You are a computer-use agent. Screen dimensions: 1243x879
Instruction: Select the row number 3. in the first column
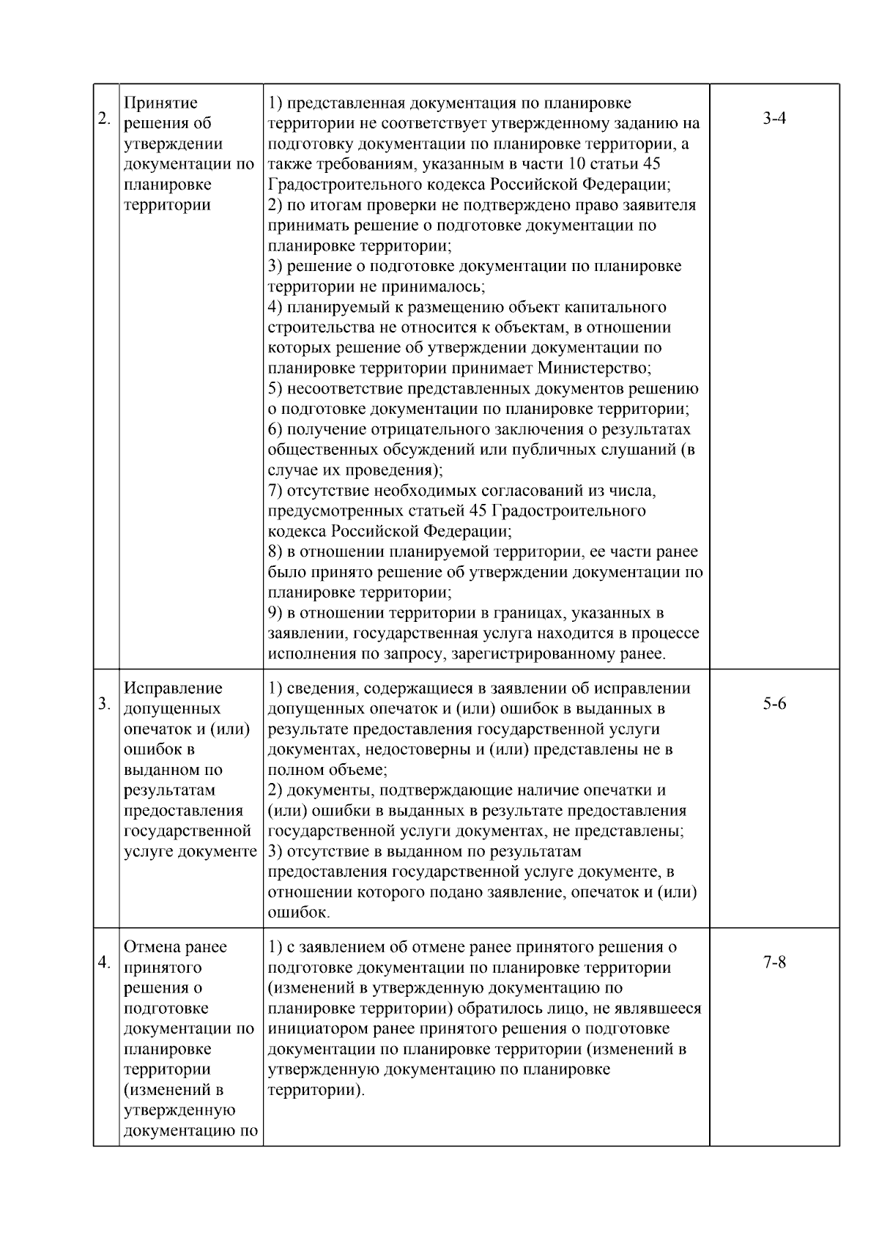(105, 704)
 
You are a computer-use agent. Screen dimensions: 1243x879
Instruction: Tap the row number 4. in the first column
(105, 962)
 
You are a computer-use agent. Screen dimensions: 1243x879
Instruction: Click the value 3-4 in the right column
(774, 119)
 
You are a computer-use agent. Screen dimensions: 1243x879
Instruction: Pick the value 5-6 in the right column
(774, 704)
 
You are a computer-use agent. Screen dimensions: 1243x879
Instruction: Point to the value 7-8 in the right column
(774, 962)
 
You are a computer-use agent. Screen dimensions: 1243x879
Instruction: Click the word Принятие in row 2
(161, 103)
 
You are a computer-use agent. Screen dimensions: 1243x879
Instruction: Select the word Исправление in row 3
(174, 689)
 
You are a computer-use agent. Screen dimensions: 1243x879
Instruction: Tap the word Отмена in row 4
(155, 947)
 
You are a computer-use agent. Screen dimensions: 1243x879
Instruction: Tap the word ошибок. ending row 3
(299, 913)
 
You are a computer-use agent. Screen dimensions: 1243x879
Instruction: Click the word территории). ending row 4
(316, 1090)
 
